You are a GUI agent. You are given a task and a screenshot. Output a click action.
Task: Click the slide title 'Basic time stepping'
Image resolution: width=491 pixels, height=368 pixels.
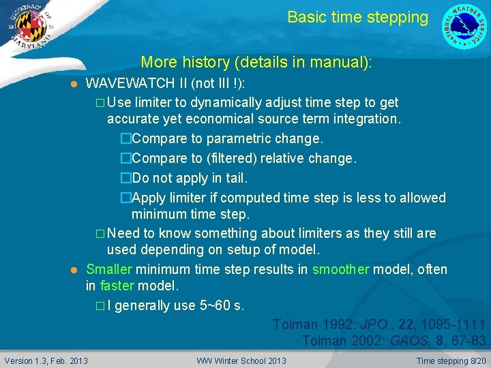[357, 17]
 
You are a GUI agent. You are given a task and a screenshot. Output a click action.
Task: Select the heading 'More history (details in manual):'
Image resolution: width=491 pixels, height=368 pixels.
[256, 63]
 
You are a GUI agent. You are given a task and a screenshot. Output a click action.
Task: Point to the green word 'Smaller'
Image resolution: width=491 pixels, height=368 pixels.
[109, 269]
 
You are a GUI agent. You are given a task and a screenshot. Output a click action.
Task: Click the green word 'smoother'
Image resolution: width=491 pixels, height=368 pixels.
[340, 269]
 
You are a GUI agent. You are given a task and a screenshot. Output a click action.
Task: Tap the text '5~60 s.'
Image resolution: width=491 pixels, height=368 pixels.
[222, 305]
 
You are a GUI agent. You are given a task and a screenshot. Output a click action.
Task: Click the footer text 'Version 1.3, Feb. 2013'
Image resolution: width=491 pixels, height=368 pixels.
[46, 361]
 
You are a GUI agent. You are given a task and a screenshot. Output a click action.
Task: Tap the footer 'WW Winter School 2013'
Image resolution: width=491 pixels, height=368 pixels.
[241, 361]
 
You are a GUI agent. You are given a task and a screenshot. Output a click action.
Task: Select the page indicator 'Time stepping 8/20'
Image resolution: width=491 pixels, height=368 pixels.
[451, 361]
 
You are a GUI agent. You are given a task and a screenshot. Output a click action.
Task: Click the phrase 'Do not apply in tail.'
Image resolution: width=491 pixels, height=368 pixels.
[190, 179]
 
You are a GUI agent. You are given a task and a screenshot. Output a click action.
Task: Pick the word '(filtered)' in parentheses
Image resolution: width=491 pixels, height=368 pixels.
[237, 159]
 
